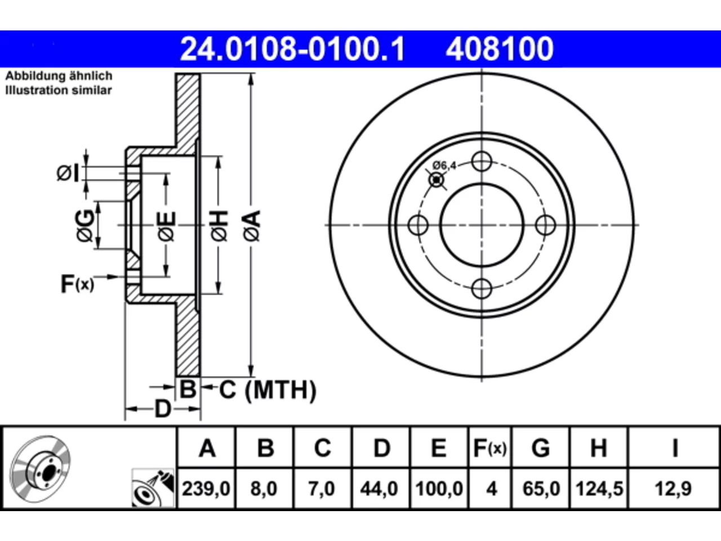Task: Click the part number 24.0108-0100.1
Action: pyautogui.click(x=292, y=49)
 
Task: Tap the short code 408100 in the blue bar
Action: pyautogui.click(x=500, y=49)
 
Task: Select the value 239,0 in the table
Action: pyautogui.click(x=206, y=489)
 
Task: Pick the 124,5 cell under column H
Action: pyautogui.click(x=599, y=489)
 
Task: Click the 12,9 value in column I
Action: pyautogui.click(x=673, y=489)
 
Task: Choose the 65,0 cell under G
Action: pyautogui.click(x=541, y=489)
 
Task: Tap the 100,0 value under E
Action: pyautogui.click(x=439, y=489)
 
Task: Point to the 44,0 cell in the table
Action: pyautogui.click(x=379, y=489)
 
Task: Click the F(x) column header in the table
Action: pyautogui.click(x=489, y=449)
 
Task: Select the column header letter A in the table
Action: pyautogui.click(x=207, y=449)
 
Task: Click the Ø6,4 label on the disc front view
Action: pyautogui.click(x=444, y=166)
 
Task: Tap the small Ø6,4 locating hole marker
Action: pyautogui.click(x=437, y=180)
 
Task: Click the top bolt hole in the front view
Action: pyautogui.click(x=482, y=161)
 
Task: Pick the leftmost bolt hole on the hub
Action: pyautogui.click(x=418, y=225)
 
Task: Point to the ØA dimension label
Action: pyautogui.click(x=252, y=225)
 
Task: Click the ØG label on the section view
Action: pyautogui.click(x=85, y=225)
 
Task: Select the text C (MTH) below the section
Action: pyautogui.click(x=268, y=390)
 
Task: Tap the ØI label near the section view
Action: pyautogui.click(x=68, y=174)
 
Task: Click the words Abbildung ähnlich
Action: pyautogui.click(x=59, y=76)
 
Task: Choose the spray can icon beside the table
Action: pyautogui.click(x=153, y=488)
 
